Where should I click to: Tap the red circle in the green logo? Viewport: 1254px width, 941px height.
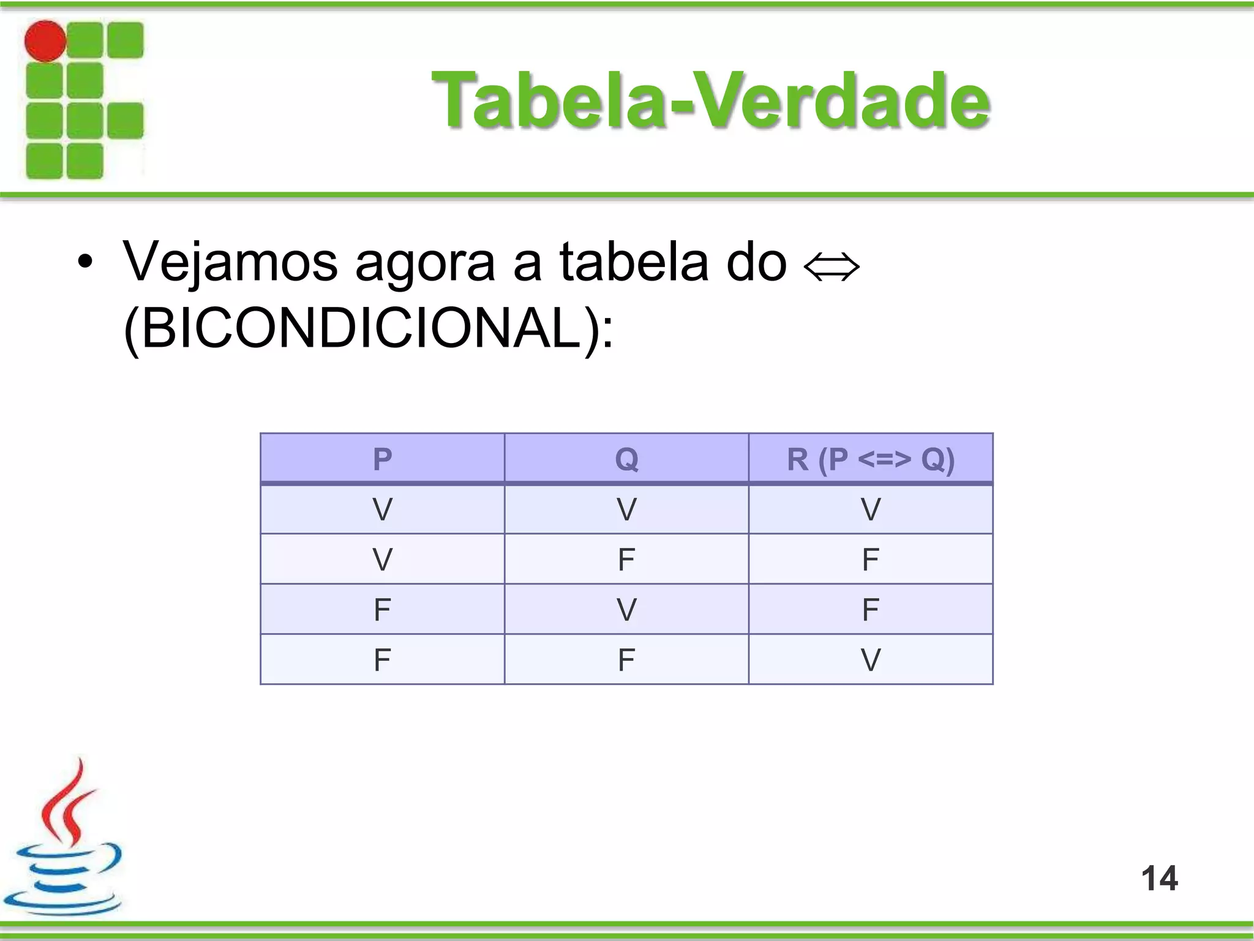(45, 41)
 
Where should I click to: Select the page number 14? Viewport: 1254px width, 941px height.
(1159, 878)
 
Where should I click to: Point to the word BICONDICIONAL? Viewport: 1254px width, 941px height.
(361, 328)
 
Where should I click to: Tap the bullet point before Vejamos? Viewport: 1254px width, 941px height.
(85, 263)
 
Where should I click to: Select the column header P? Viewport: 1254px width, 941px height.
(382, 459)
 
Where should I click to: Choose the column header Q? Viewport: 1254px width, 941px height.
(626, 459)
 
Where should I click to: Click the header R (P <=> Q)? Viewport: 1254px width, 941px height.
(870, 459)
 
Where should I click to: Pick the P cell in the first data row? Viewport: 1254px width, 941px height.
(382, 509)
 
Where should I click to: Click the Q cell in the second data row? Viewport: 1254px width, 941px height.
(626, 559)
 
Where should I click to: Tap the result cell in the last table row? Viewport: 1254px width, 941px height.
(870, 660)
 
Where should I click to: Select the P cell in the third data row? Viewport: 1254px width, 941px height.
(382, 610)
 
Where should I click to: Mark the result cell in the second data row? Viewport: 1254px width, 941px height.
(870, 559)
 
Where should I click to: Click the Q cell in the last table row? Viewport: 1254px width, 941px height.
(626, 660)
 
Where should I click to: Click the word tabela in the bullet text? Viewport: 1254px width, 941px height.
(633, 262)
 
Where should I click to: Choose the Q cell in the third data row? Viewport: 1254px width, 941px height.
(626, 610)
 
